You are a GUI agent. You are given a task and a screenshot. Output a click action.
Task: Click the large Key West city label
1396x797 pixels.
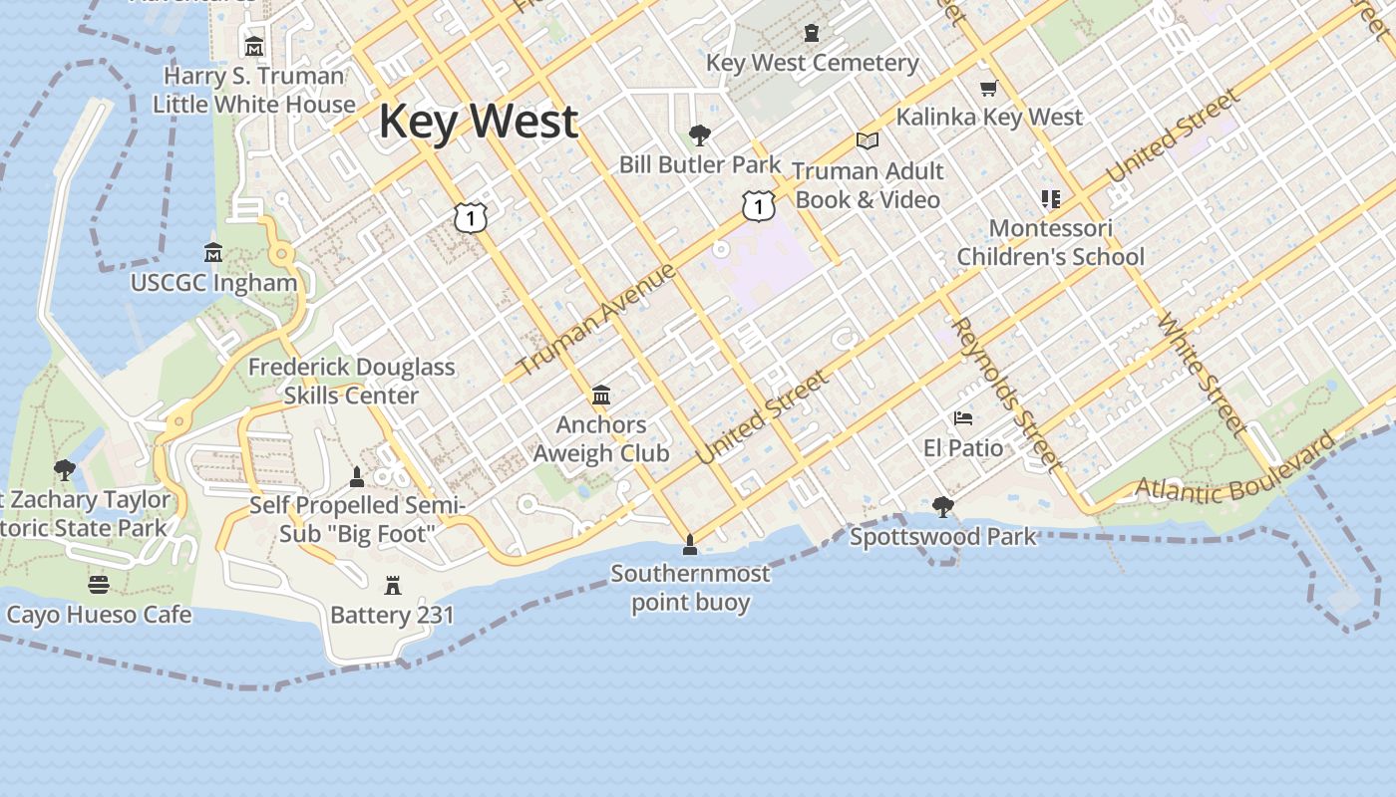478,122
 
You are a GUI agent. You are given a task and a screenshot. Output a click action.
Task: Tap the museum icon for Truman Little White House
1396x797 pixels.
254,46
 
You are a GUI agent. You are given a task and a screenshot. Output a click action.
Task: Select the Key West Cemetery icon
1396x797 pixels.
812,33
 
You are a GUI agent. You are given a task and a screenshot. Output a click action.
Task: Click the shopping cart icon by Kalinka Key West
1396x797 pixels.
988,89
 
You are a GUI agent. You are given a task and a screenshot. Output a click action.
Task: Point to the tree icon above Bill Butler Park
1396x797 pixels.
700,134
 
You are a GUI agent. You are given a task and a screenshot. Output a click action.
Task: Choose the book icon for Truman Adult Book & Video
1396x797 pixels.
868,141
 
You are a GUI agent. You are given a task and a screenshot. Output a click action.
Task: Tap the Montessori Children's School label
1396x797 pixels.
1050,242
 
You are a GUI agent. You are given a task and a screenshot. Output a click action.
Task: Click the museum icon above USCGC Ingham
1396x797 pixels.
212,252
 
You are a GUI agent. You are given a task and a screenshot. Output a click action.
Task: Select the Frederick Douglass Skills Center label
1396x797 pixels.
351,381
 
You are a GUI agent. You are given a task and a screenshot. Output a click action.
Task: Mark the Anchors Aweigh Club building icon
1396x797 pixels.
600,396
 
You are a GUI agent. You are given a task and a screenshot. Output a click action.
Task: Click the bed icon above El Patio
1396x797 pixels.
963,417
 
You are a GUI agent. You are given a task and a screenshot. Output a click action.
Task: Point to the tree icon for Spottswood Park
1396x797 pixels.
942,507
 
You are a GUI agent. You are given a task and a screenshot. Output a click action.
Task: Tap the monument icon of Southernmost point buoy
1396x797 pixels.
689,544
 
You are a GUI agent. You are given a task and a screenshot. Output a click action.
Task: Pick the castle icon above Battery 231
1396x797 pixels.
392,585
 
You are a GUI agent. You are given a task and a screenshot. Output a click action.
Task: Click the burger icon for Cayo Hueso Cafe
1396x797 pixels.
98,584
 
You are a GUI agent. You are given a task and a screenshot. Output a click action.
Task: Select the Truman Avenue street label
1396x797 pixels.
596,320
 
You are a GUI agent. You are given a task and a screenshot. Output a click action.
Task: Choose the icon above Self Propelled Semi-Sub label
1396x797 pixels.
357,476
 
